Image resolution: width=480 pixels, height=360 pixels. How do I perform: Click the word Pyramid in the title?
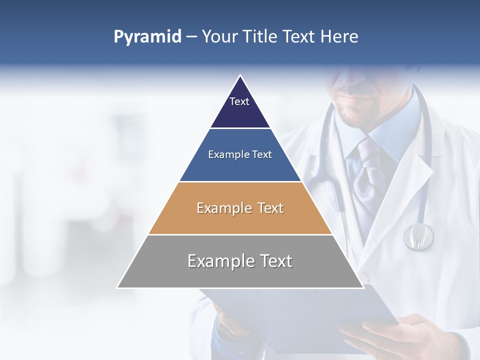click(147, 37)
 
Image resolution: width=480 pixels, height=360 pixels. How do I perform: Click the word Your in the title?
click(219, 36)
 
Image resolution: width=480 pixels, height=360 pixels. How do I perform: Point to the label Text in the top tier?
click(239, 101)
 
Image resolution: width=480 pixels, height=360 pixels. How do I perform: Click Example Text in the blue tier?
click(240, 154)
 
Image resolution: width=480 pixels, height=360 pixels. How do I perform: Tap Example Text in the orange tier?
click(240, 208)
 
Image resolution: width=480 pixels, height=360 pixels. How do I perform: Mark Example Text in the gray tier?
click(240, 261)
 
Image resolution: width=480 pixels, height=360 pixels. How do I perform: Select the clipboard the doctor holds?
click(300, 312)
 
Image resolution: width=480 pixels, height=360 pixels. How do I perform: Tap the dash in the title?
click(191, 37)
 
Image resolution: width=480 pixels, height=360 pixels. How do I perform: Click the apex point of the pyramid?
click(240, 76)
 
